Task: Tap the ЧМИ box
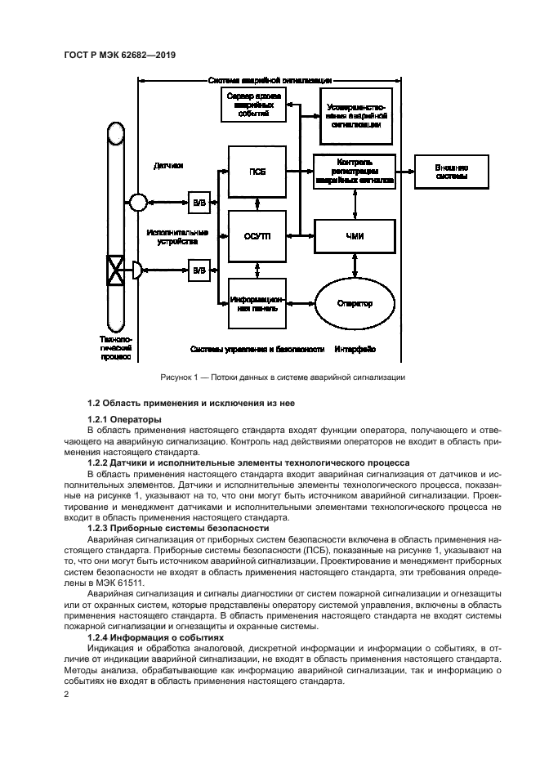coord(355,236)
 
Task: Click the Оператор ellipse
coord(355,303)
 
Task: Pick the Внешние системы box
coord(451,172)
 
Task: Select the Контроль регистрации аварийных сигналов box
coord(355,172)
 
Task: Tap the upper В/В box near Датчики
coord(199,201)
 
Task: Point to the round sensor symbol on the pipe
coord(137,201)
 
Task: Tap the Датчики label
coord(168,166)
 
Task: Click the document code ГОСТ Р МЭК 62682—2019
coord(121,55)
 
